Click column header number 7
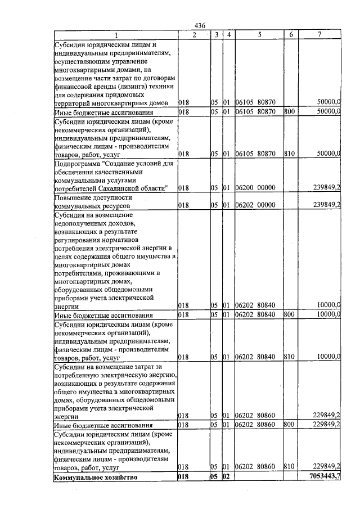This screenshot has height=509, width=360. [319, 35]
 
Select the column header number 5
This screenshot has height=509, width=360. [259, 35]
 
